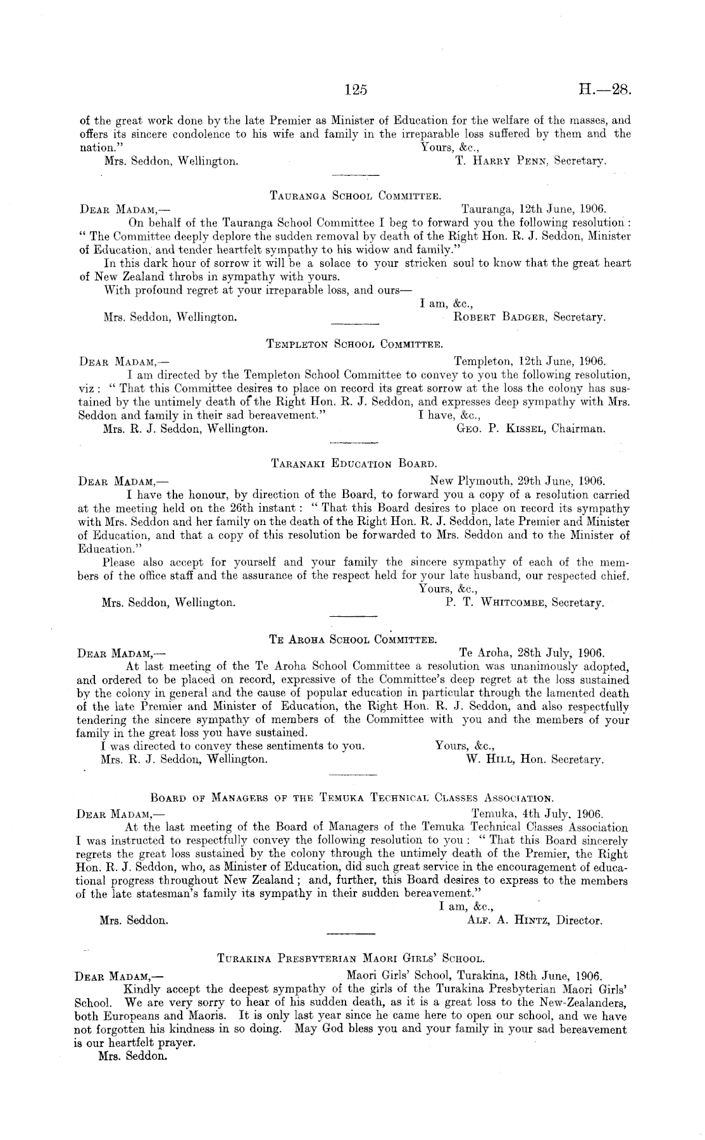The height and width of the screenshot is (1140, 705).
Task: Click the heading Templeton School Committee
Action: point(354,345)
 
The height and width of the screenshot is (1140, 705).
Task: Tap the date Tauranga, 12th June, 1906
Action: point(533,208)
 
